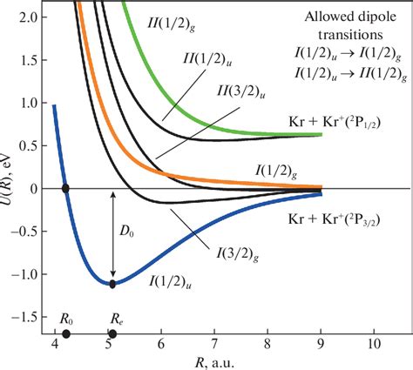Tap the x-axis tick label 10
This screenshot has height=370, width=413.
[374, 345]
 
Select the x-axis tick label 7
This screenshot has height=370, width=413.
[214, 345]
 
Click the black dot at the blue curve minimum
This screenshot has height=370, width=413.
[112, 283]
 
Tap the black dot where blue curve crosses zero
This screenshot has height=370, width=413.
[66, 188]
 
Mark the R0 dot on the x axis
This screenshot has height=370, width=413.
[66, 333]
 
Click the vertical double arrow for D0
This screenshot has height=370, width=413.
[112, 235]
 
